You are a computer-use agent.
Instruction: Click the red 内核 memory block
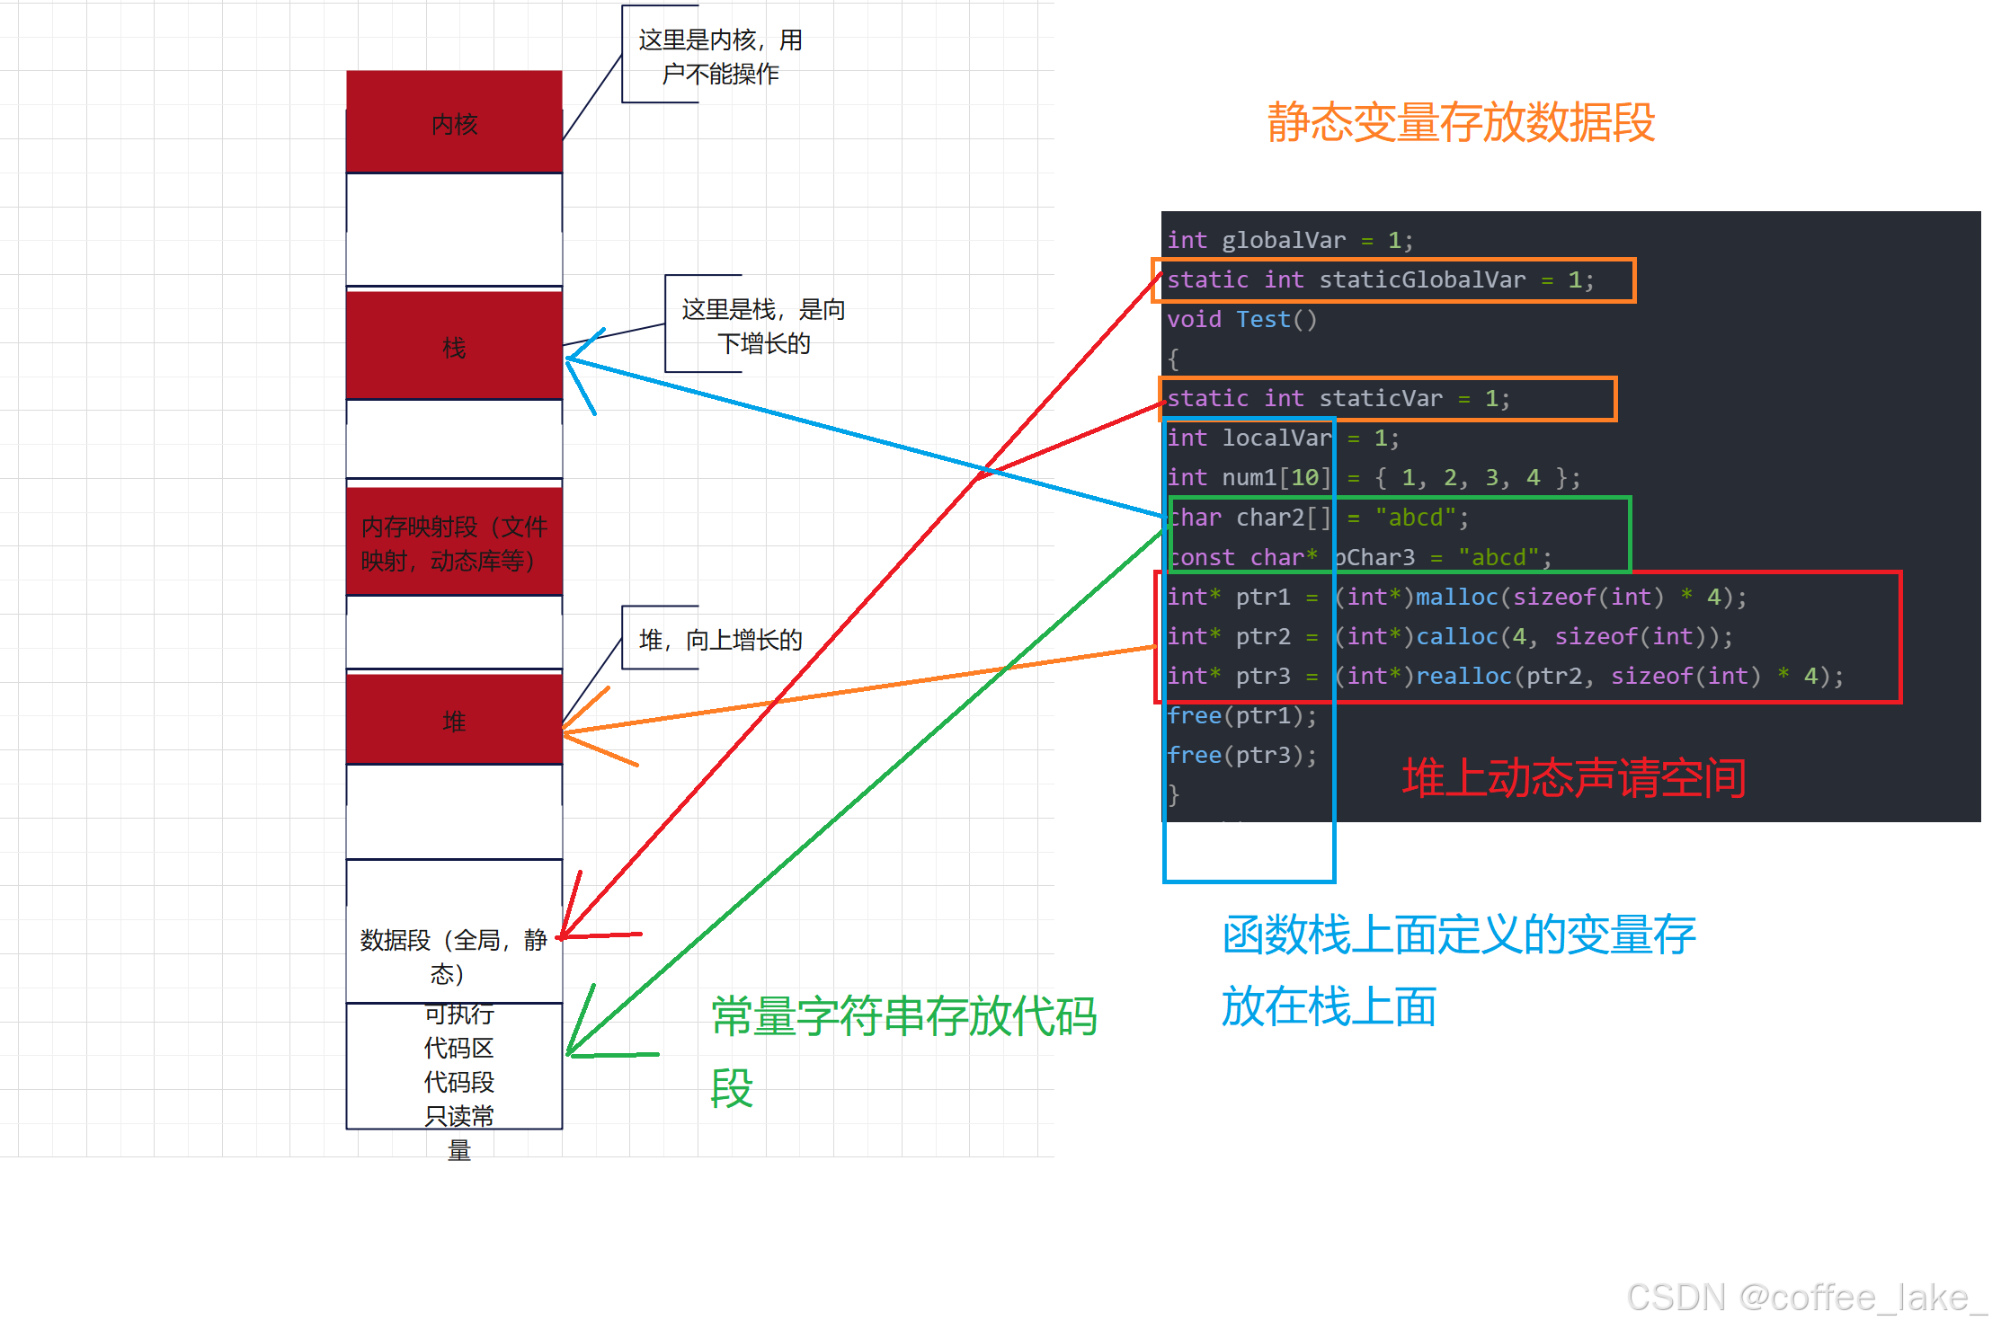point(454,123)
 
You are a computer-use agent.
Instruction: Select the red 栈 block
point(454,346)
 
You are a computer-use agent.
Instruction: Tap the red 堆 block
point(454,720)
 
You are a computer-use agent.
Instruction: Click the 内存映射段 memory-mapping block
point(454,543)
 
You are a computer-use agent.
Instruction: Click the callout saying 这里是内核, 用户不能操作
point(719,56)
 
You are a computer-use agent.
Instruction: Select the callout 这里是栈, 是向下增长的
point(762,325)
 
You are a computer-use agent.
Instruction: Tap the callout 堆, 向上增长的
point(719,640)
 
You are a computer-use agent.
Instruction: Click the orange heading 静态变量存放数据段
point(1461,122)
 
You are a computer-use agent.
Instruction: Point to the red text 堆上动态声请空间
point(1573,777)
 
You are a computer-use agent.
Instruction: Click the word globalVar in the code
point(1283,240)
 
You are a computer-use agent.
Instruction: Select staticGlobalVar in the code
point(1421,279)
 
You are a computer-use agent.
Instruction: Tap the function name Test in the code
point(1262,319)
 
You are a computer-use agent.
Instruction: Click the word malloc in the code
point(1456,597)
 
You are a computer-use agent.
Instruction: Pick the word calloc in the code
point(1456,636)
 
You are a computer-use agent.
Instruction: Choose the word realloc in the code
point(1463,676)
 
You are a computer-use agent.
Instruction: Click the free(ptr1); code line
point(1241,715)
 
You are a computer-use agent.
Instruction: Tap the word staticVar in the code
point(1380,398)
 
